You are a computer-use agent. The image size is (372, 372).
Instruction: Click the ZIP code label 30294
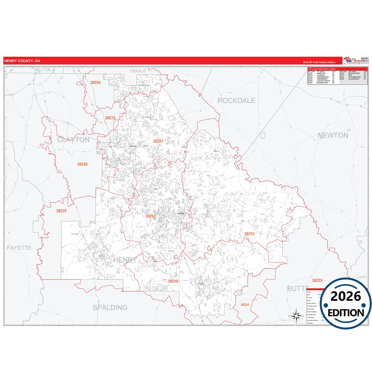point(96,83)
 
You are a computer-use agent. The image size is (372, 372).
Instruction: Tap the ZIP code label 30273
point(110,118)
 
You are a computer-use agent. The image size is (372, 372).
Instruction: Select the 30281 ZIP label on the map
point(158,141)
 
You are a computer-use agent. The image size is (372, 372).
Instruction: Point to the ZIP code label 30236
point(82,164)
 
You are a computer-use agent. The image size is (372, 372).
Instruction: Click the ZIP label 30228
point(61,211)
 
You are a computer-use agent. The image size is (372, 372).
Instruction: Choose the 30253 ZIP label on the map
point(151,216)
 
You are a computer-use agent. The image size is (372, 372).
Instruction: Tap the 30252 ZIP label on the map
point(249,234)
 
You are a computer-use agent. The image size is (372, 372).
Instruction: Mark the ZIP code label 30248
point(173,281)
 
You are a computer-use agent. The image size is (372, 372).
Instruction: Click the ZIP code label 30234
point(245,305)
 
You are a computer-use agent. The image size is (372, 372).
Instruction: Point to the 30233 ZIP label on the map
point(317,281)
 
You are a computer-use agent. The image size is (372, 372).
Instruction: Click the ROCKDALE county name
point(236,101)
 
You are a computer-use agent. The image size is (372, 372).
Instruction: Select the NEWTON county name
point(333,135)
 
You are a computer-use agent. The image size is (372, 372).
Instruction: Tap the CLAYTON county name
point(73,140)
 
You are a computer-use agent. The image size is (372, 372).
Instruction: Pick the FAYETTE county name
point(19,248)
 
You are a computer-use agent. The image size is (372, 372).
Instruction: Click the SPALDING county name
point(110,308)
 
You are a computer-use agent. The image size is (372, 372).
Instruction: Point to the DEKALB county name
point(138,71)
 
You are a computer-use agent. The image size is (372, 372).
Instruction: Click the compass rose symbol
point(296,316)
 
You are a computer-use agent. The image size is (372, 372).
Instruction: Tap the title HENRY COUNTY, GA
point(22,61)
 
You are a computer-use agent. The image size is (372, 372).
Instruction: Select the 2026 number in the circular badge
point(346,297)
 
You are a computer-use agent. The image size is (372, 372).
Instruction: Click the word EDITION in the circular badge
point(346,313)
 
